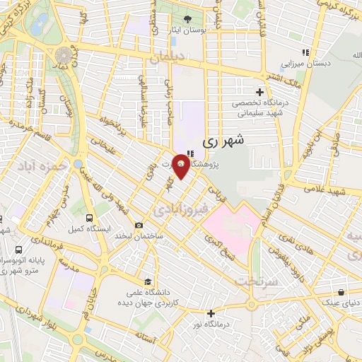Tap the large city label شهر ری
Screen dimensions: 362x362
[x=223, y=141]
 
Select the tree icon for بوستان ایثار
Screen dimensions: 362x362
[x=187, y=19]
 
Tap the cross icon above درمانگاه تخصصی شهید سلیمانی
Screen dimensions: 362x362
[x=259, y=92]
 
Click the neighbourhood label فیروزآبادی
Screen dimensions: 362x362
[x=173, y=210]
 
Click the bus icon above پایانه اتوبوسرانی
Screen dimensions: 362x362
[x=18, y=250]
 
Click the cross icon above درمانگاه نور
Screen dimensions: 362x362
[x=210, y=313]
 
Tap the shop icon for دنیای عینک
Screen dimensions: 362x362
[x=342, y=291]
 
